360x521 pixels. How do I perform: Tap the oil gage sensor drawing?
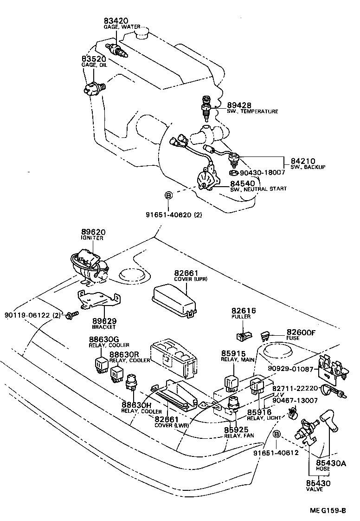[93, 88]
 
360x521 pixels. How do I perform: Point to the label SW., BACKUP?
[308, 167]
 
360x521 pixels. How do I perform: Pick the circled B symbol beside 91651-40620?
[168, 195]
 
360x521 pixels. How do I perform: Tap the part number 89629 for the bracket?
[104, 321]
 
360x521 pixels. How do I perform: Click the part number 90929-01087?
[289, 370]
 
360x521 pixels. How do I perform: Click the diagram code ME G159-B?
[328, 511]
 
